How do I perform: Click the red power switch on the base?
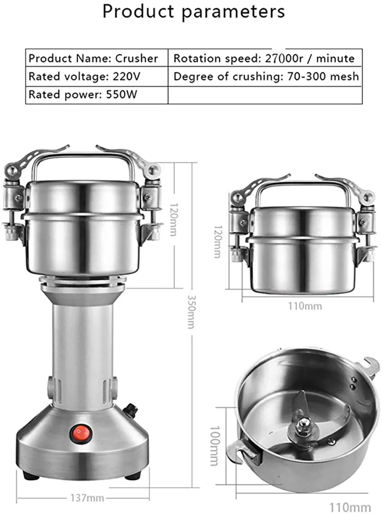click(82, 432)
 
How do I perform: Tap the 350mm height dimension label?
click(192, 312)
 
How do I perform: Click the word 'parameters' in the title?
click(233, 12)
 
